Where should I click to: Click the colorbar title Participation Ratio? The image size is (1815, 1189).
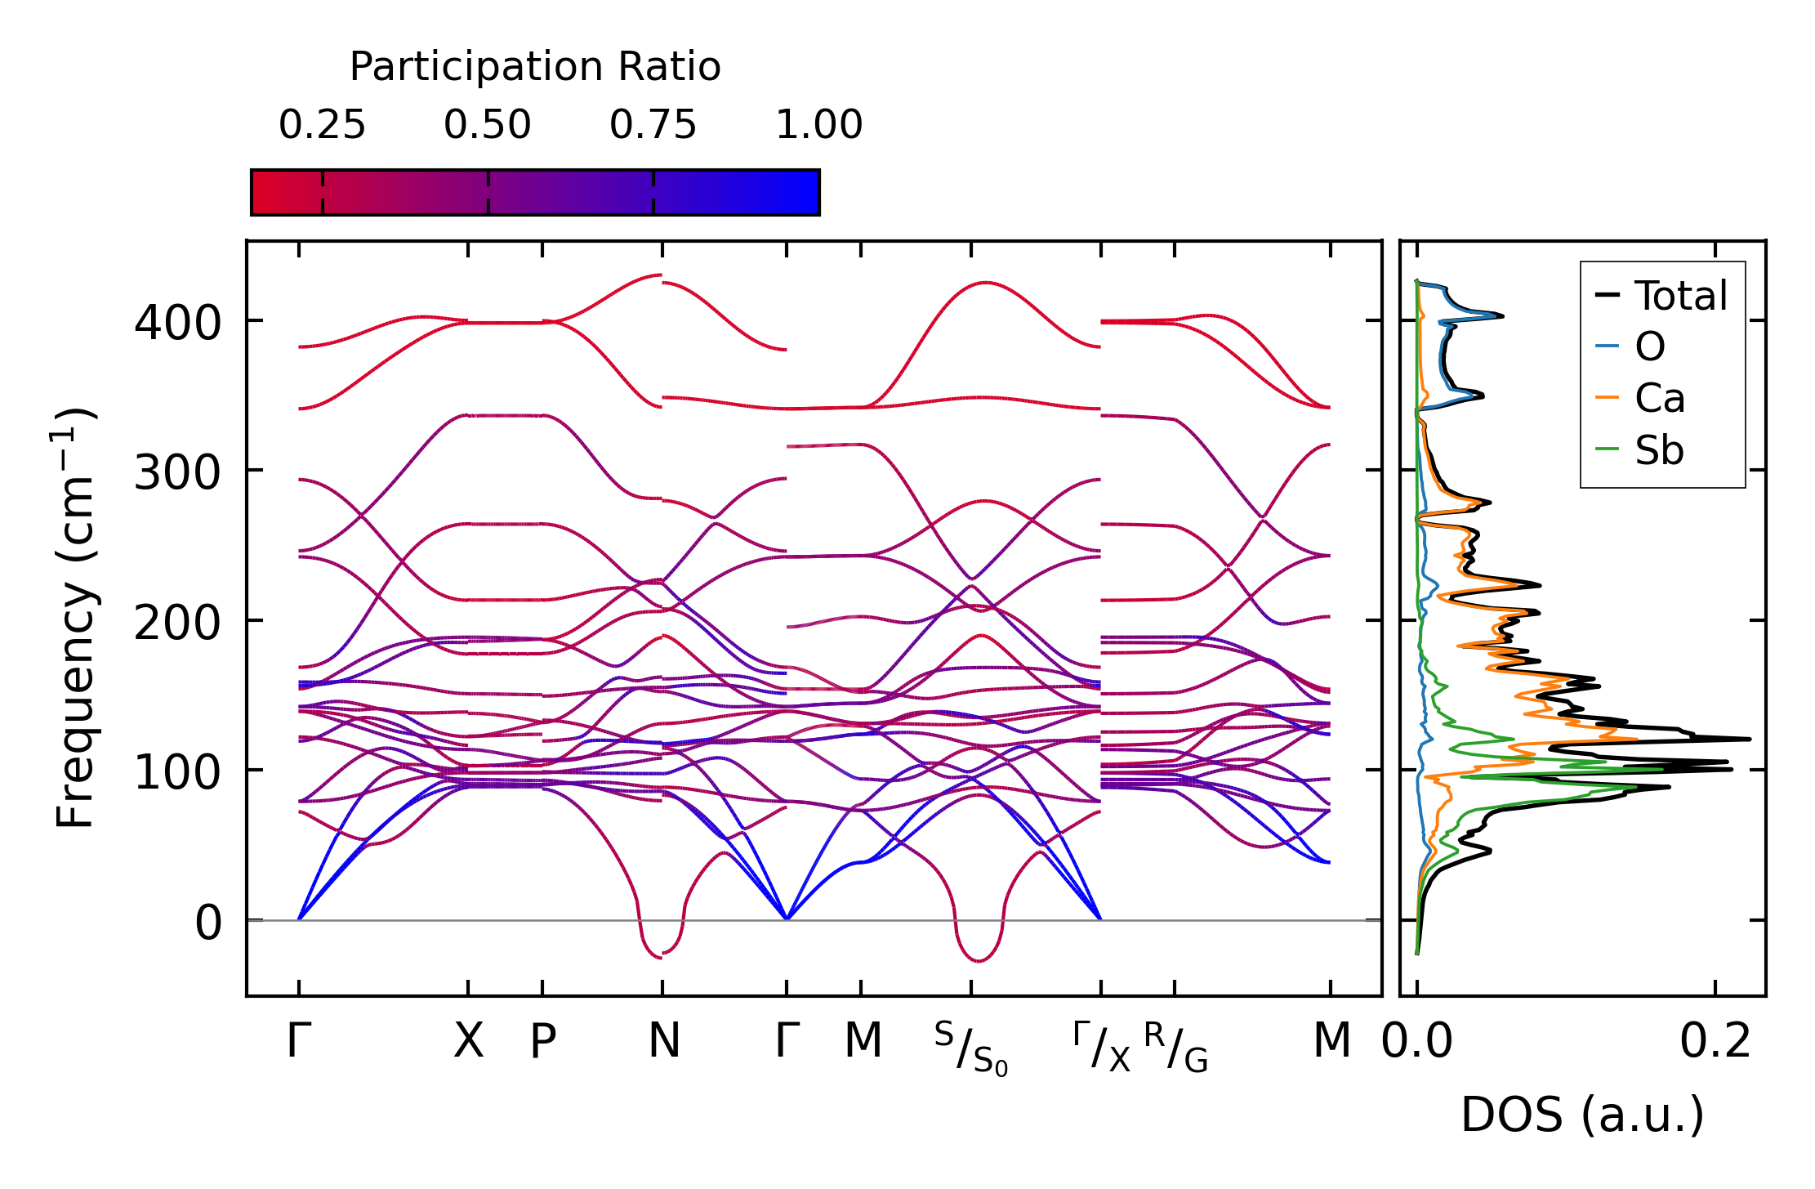coord(535,67)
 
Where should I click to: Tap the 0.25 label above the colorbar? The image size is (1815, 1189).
coord(322,125)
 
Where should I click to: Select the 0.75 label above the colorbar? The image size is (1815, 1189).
coord(653,125)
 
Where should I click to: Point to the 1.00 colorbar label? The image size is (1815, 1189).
coord(818,125)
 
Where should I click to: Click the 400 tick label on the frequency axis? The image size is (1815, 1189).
coord(177,323)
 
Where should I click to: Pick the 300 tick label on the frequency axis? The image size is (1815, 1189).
coord(177,473)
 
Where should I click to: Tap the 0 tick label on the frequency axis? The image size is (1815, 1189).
coord(207,923)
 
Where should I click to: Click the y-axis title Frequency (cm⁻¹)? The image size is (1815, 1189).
coord(76,618)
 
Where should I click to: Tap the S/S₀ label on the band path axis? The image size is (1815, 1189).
coord(971,1048)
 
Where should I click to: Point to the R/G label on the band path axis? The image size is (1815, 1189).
coord(1175,1047)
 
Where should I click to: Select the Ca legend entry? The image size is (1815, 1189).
coord(1659,399)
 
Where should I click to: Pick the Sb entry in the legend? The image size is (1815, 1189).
coord(1658,450)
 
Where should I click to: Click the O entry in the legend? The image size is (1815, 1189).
coord(1649,347)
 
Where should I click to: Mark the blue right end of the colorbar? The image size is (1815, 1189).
coord(809,193)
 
